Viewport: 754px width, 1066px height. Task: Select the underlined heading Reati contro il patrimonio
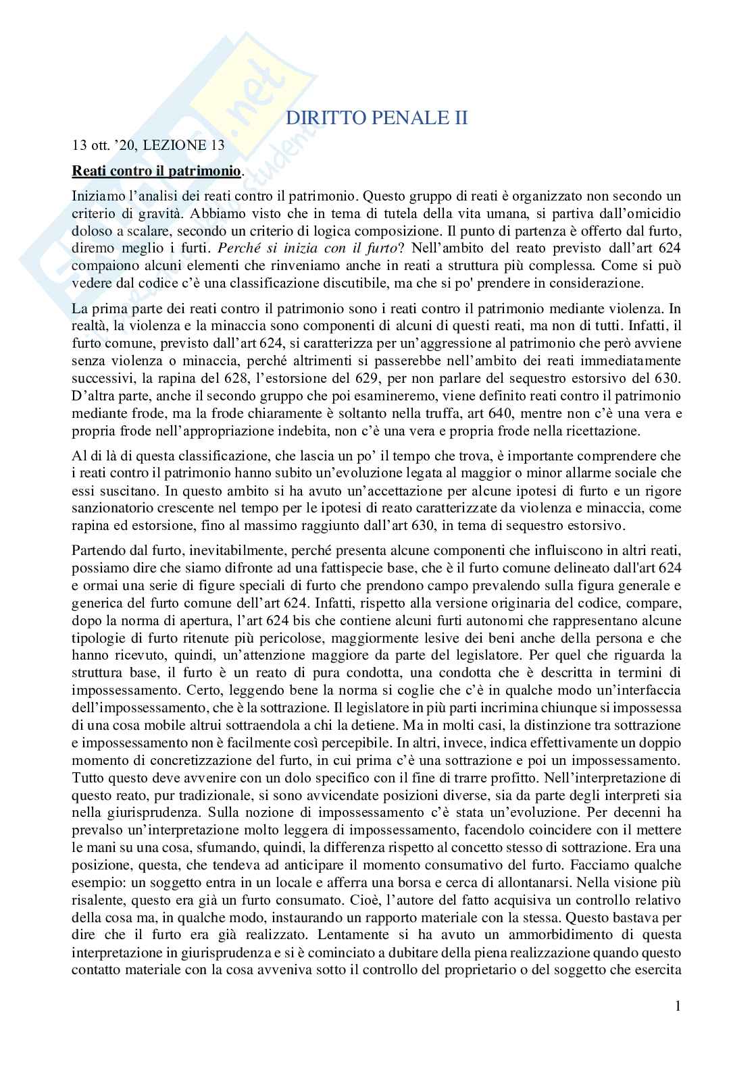click(x=156, y=171)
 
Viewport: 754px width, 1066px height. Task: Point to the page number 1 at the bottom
click(x=678, y=1007)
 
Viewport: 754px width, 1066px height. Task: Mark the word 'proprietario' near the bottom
click(x=486, y=971)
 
